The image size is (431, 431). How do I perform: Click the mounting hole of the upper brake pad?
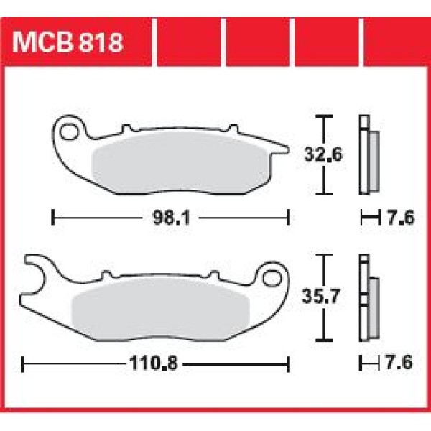[69, 132]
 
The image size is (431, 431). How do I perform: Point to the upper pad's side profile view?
[368, 154]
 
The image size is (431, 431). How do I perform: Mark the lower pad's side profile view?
[368, 299]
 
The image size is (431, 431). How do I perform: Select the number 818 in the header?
[101, 42]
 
